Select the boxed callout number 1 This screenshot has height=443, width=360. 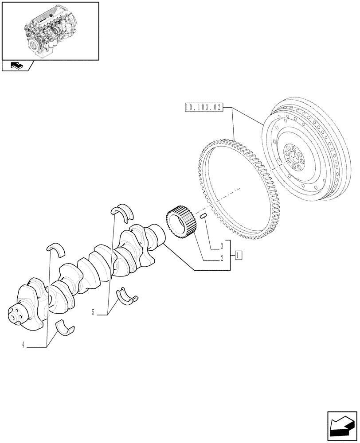click(239, 255)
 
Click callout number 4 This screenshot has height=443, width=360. click(22, 346)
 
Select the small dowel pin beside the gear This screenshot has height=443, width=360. click(204, 216)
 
